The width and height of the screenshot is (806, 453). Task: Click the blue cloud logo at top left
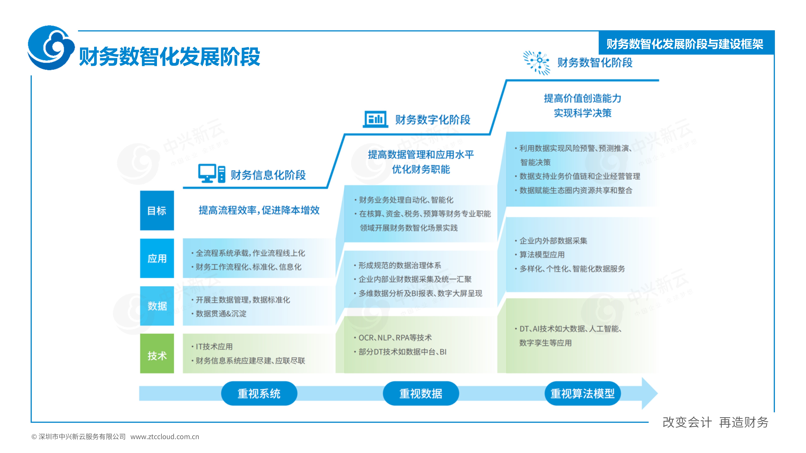click(x=51, y=48)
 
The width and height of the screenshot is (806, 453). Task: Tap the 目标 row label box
click(x=157, y=210)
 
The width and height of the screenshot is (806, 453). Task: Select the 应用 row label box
click(x=157, y=258)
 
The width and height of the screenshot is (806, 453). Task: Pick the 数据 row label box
click(x=157, y=306)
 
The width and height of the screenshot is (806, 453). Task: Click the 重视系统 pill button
click(x=259, y=393)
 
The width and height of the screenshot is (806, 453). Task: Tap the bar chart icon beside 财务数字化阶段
click(x=375, y=119)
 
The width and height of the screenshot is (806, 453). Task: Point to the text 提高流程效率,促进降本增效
click(x=259, y=210)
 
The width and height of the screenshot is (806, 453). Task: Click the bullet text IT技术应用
click(x=214, y=346)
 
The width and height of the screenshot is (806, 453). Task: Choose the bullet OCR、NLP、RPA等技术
click(x=395, y=338)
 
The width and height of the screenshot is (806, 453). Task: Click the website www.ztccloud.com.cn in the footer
click(x=165, y=437)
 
